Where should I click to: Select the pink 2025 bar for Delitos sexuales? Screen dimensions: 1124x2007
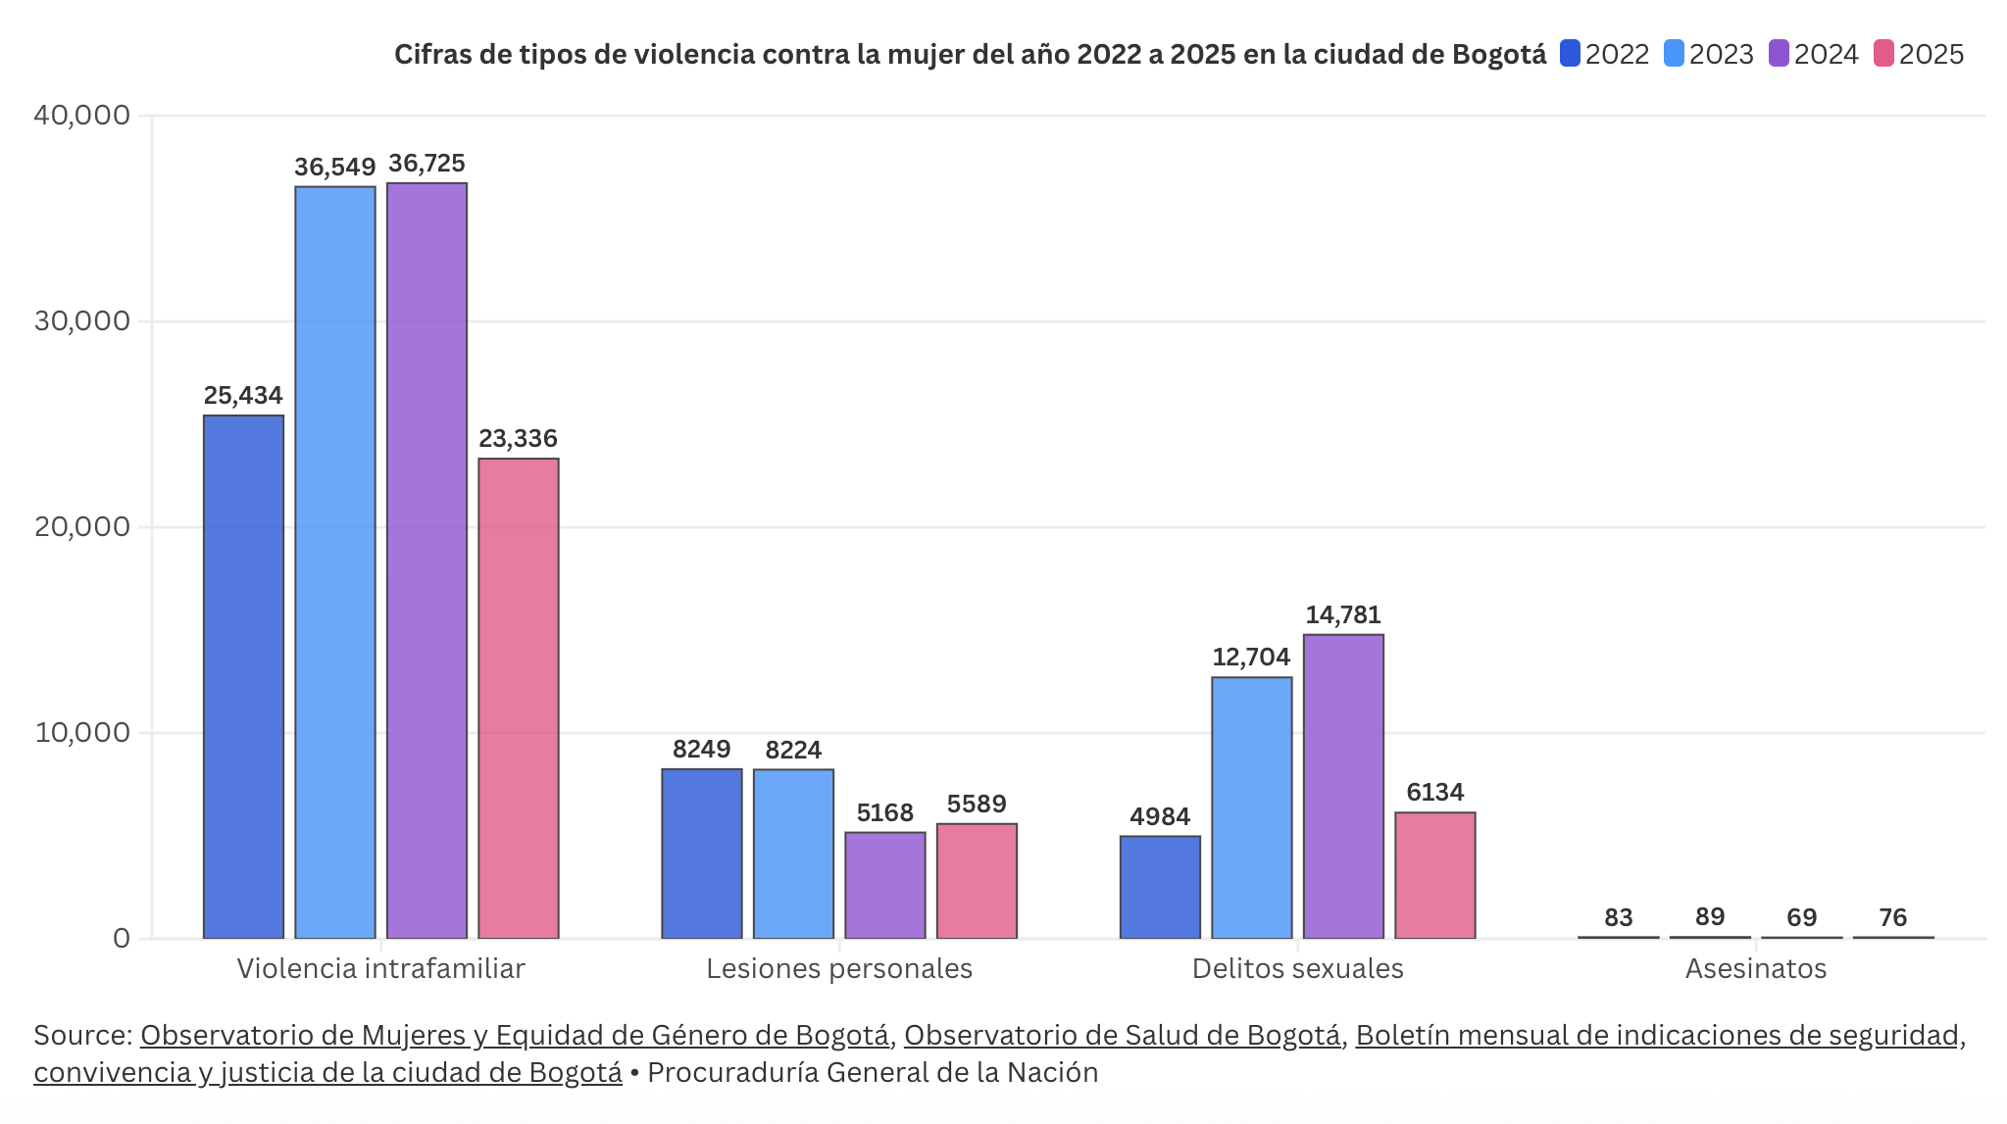tap(1434, 875)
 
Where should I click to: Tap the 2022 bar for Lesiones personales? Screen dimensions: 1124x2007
tap(701, 854)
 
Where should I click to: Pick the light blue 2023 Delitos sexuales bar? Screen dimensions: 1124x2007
tap(1251, 807)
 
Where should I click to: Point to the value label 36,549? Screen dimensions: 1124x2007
tap(334, 168)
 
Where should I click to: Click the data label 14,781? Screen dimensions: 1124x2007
tap(1342, 615)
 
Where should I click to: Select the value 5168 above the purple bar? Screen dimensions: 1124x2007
tap(884, 813)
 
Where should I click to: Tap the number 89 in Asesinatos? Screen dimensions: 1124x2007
tap(1710, 917)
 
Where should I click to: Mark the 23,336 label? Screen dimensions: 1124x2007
tap(518, 439)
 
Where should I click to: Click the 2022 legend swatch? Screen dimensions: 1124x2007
tap(1570, 54)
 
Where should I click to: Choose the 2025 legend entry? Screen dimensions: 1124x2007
tap(1920, 54)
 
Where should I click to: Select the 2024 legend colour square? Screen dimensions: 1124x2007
tap(1779, 54)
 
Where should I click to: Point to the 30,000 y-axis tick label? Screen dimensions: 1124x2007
tap(82, 321)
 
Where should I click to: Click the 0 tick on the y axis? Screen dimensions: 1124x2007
tap(122, 939)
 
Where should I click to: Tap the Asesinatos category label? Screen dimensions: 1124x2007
tap(1755, 969)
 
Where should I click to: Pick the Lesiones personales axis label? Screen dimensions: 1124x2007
tap(839, 969)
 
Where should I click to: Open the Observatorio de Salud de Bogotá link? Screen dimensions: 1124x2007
tap(1122, 1036)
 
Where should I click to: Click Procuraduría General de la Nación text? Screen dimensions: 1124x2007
tap(873, 1073)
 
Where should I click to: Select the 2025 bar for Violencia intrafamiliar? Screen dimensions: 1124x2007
tap(518, 698)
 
